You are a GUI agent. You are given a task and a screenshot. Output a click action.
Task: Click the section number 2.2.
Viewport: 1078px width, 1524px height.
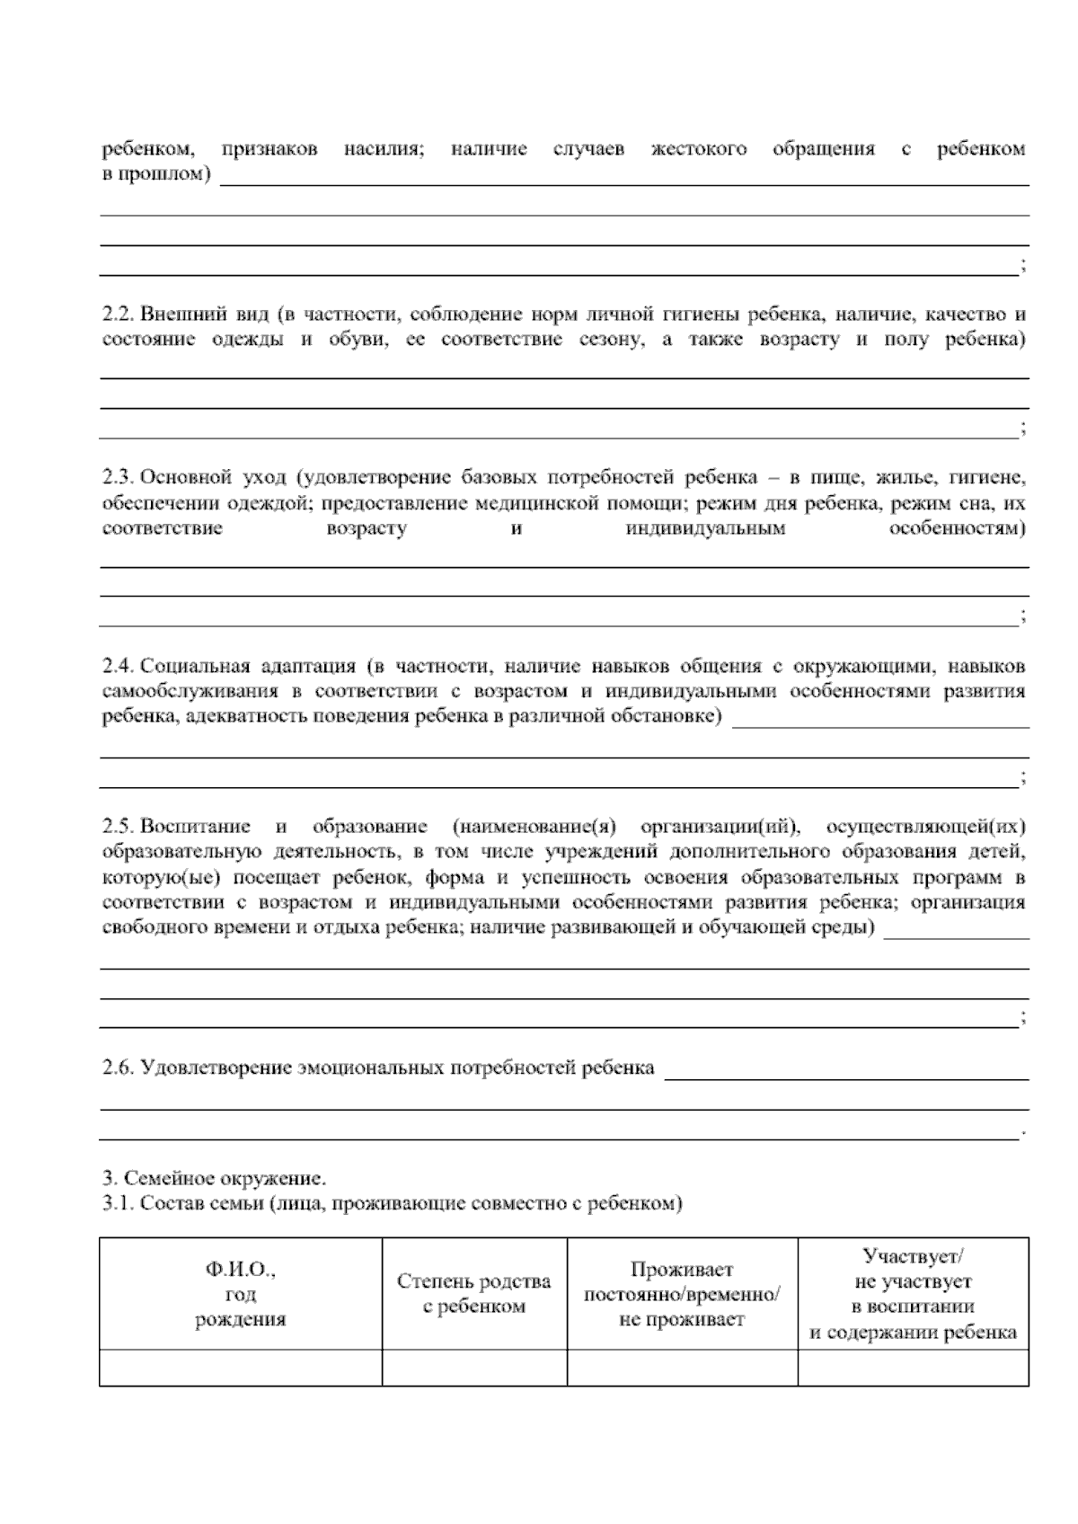(117, 315)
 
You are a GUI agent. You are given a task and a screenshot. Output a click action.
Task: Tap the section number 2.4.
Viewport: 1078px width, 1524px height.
(117, 667)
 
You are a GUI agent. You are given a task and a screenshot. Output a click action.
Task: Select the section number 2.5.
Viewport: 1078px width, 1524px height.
(117, 826)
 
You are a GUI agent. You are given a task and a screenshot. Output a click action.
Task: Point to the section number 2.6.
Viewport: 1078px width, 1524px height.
(117, 1068)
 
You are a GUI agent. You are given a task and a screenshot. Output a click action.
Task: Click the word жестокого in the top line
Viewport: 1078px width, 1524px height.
(698, 149)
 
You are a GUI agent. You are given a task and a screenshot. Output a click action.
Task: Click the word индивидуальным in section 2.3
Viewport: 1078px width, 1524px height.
(705, 528)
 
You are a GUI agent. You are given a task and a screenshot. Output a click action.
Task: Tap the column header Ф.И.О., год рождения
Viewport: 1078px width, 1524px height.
(240, 1294)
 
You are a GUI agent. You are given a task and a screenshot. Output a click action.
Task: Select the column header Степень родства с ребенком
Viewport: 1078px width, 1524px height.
(473, 1294)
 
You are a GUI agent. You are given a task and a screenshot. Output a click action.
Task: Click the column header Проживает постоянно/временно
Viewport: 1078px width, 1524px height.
(682, 1294)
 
